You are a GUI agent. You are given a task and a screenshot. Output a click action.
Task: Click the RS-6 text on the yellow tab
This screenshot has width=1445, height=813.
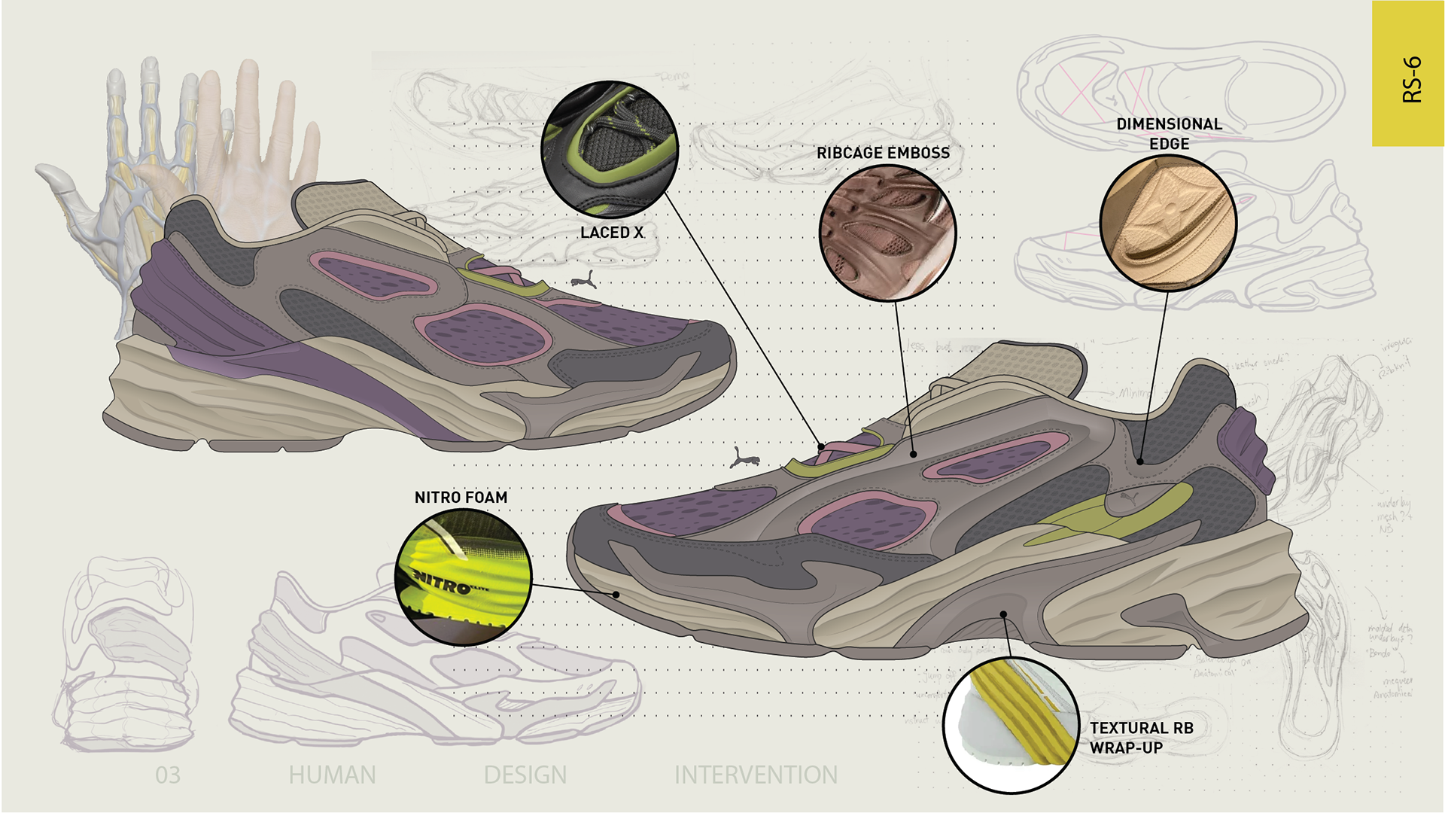(x=1412, y=79)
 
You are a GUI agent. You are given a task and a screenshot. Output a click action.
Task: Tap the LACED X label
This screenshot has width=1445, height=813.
(x=611, y=233)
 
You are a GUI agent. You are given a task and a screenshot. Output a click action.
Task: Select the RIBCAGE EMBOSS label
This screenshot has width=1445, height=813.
(x=883, y=153)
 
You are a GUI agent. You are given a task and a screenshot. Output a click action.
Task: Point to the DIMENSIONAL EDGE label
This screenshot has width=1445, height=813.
(x=1169, y=133)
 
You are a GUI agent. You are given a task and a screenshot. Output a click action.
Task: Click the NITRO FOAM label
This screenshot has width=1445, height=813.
(x=461, y=498)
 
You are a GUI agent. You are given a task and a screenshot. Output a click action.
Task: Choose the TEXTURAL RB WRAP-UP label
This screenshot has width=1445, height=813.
(x=1141, y=738)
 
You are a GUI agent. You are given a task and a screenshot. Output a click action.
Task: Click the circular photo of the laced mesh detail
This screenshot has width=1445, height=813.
(x=610, y=149)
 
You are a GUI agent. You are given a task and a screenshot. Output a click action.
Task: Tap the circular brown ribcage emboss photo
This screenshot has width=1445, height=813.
(x=887, y=233)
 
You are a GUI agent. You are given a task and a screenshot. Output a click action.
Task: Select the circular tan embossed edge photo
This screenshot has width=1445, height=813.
(x=1167, y=224)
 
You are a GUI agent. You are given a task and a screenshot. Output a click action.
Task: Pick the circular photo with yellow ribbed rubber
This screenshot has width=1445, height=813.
(x=1011, y=724)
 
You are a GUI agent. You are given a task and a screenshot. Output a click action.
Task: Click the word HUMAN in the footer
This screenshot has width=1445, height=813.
(x=332, y=775)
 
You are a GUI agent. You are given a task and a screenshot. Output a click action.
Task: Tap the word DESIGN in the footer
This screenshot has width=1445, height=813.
(x=525, y=775)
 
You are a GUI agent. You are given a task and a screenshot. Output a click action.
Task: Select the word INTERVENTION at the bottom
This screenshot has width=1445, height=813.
(x=756, y=775)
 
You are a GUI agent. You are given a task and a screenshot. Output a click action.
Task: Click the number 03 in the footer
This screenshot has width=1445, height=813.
(x=168, y=775)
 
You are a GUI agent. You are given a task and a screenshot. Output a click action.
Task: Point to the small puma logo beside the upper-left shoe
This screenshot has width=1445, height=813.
(x=583, y=281)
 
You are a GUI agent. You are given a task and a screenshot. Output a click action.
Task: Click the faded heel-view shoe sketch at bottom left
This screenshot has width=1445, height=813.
(x=124, y=655)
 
